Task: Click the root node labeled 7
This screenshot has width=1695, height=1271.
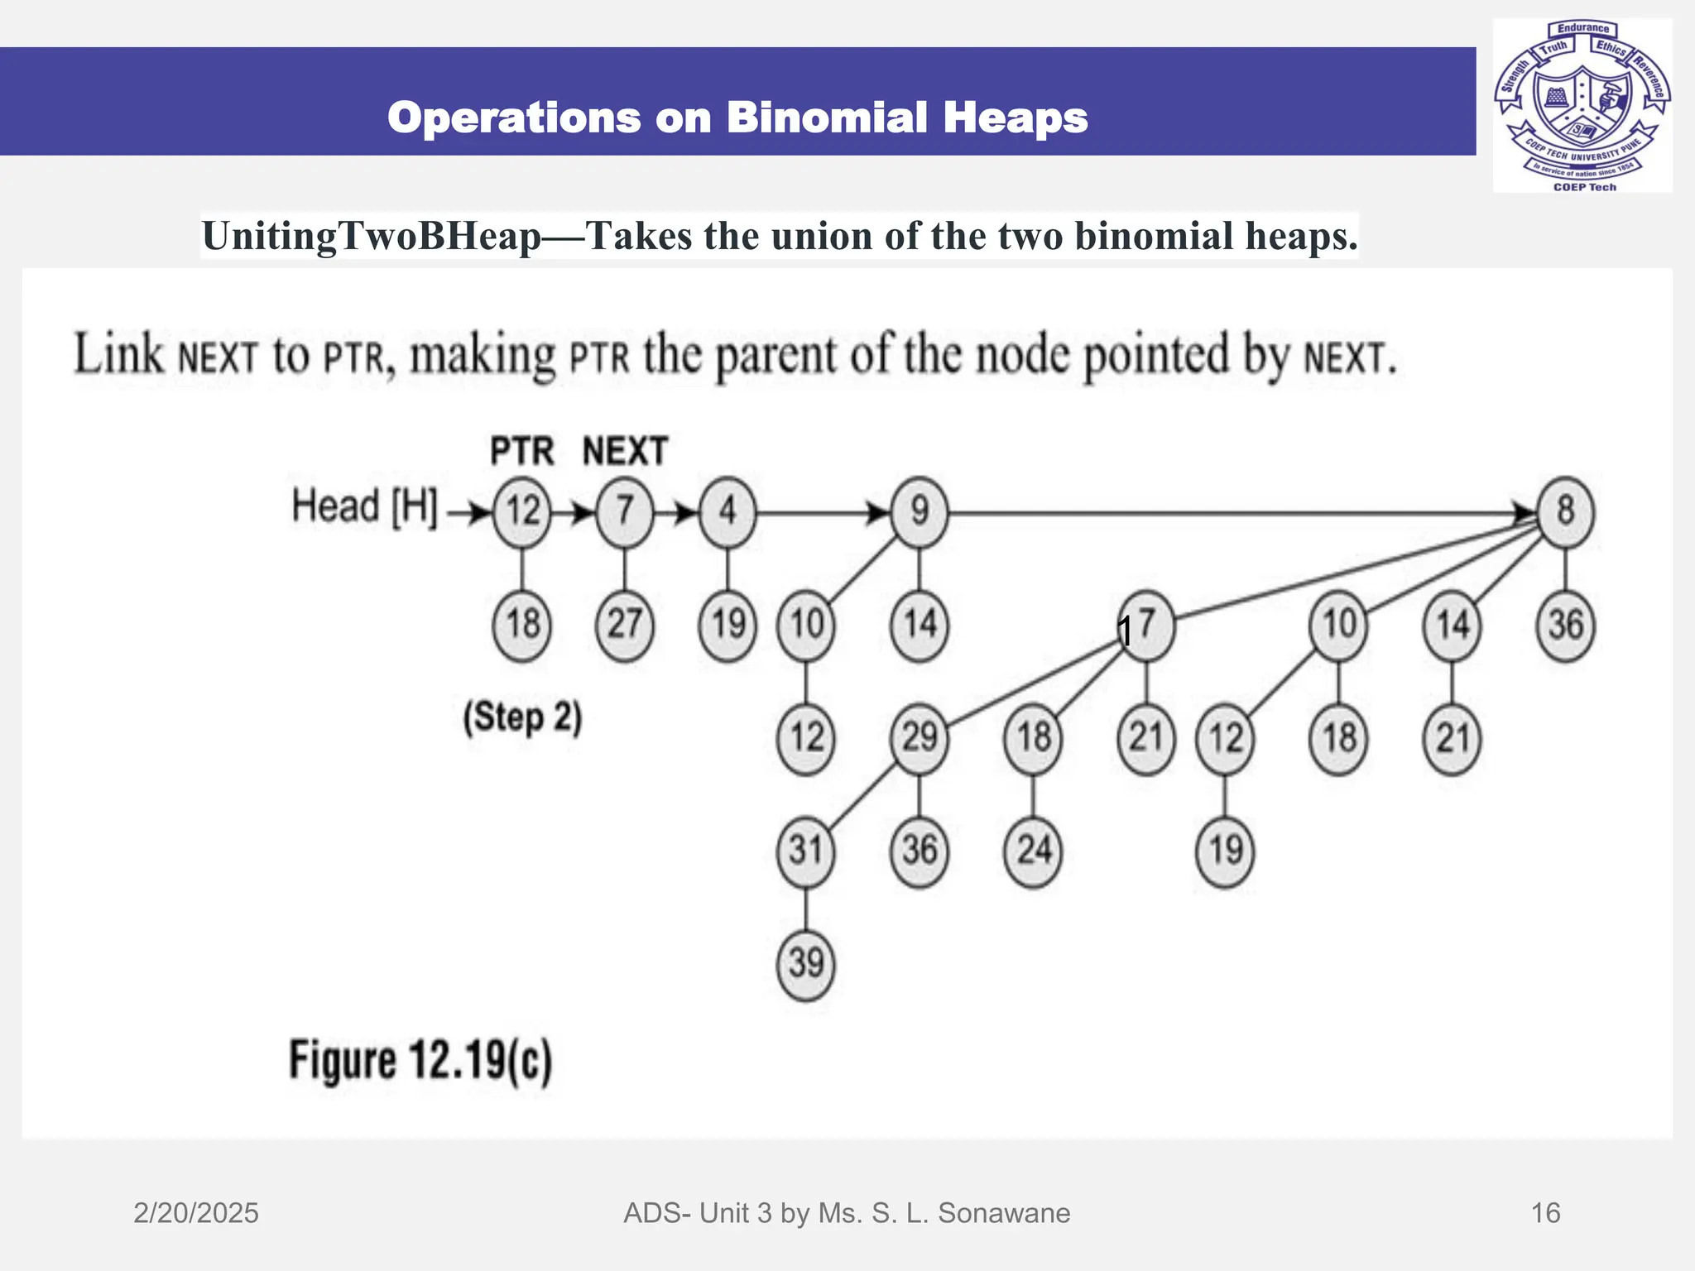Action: pos(625,511)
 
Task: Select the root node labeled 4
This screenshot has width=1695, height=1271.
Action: pos(727,511)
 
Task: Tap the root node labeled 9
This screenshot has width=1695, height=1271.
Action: pos(920,511)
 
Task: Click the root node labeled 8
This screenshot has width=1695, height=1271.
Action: pos(1565,511)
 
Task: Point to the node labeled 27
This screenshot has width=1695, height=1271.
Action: pos(625,625)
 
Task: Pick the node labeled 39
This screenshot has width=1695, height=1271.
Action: pos(805,964)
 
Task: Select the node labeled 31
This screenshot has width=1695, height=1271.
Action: pos(805,851)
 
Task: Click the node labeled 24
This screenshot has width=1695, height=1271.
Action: pos(1033,851)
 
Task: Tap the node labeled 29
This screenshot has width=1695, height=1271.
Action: pos(920,737)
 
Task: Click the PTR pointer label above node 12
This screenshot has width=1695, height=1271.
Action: pos(521,452)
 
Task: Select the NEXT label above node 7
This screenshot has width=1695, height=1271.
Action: pos(625,452)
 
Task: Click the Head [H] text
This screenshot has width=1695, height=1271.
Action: pos(364,506)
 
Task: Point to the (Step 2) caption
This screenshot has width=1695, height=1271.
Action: pos(522,717)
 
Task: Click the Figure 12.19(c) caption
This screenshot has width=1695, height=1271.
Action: pos(420,1061)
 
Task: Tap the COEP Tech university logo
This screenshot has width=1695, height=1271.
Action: pos(1582,106)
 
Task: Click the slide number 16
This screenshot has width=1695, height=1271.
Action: pos(1545,1213)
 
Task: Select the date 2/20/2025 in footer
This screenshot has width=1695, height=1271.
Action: pos(196,1213)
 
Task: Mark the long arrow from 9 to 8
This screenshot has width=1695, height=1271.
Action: pos(1241,513)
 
